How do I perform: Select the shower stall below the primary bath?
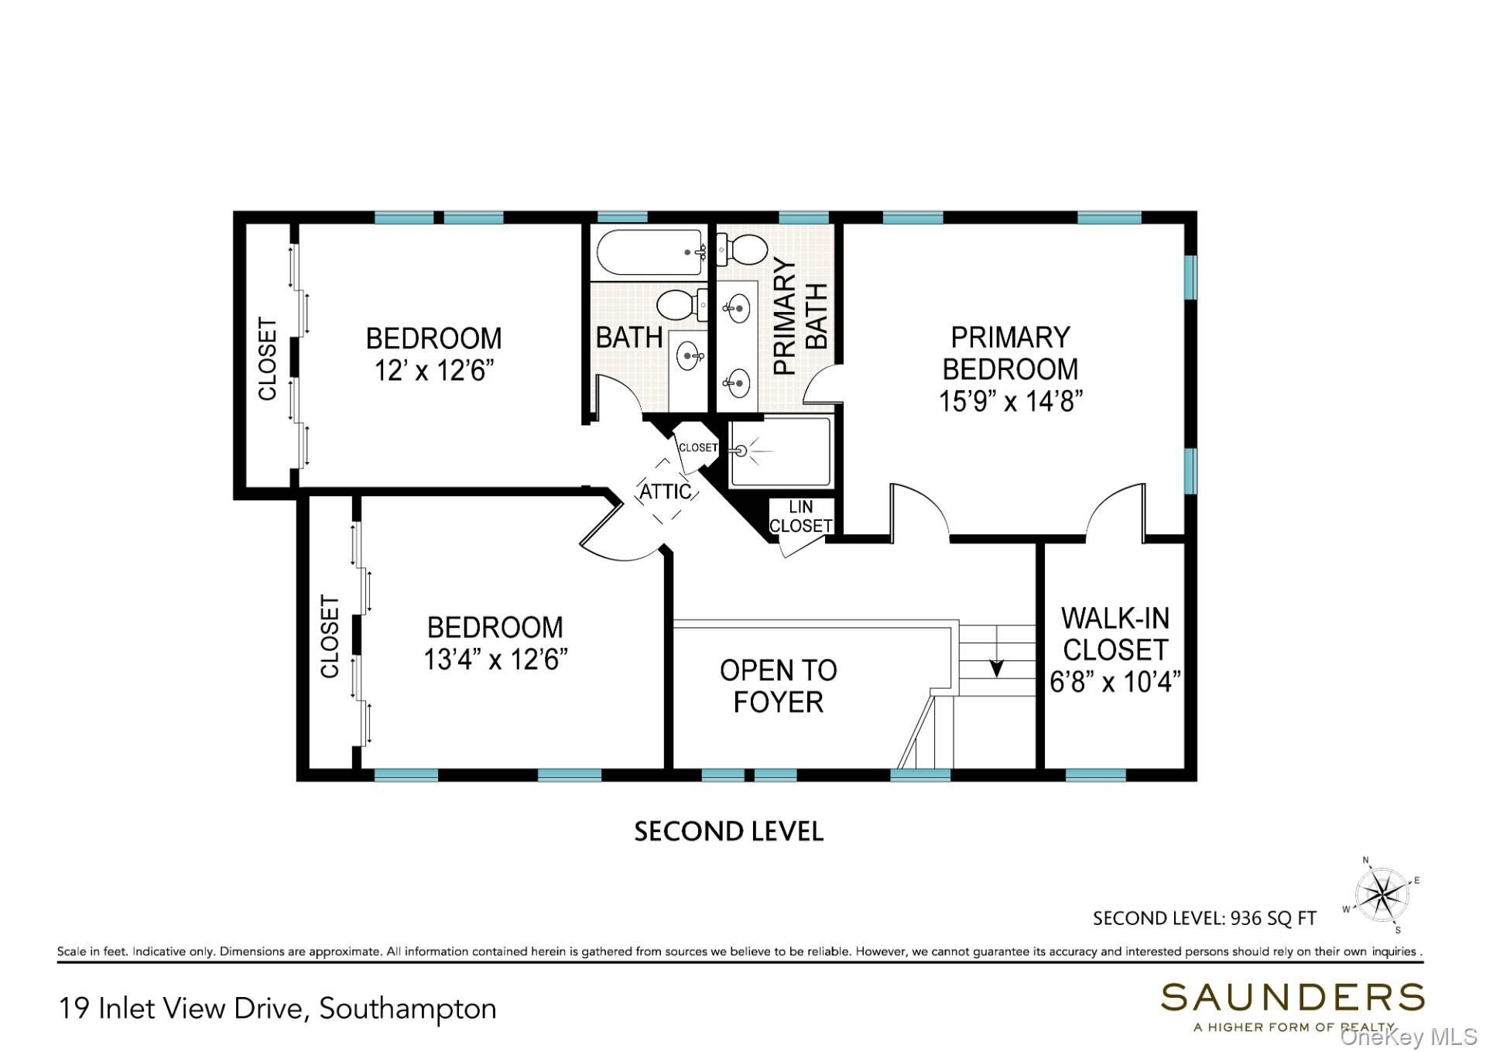coord(780,451)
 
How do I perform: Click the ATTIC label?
coord(665,492)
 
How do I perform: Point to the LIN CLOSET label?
coord(800,516)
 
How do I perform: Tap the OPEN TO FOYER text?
coord(779,686)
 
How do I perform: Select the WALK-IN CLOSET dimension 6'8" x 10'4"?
coord(1114,682)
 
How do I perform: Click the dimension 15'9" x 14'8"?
coord(1010,401)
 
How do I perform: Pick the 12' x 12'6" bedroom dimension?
coord(434,371)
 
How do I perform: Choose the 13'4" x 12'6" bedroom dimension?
coord(495,660)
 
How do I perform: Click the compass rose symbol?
coord(1382,896)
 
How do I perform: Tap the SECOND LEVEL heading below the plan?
coord(728,831)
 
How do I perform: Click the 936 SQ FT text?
coord(1272,918)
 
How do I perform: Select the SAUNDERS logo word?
coord(1292,998)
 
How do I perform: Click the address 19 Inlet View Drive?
coord(185,1009)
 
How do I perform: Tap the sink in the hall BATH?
coord(688,356)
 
